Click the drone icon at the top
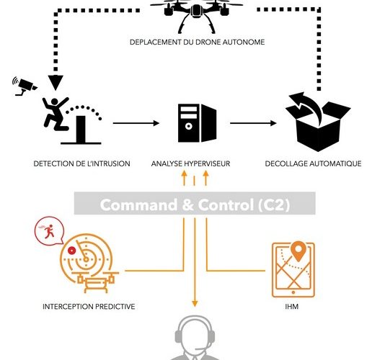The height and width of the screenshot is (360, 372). click(196, 14)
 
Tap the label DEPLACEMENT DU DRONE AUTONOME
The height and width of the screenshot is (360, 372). click(197, 42)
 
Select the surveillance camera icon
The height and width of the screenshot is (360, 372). click(25, 86)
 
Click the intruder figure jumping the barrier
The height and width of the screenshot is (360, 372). click(56, 114)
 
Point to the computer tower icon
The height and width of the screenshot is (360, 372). click(197, 123)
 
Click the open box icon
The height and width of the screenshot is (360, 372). click(318, 122)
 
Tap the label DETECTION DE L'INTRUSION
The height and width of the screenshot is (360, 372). click(81, 163)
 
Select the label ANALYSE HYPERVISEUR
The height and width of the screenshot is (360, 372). click(190, 163)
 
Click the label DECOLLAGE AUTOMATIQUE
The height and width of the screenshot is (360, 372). click(313, 163)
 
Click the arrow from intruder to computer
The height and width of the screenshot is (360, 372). click(136, 123)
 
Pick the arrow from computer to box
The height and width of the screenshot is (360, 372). click(253, 123)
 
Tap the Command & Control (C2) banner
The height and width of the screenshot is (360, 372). click(195, 203)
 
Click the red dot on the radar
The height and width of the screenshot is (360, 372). click(71, 251)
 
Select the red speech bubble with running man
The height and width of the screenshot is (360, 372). click(49, 231)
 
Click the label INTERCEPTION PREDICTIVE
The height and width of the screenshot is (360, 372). click(89, 307)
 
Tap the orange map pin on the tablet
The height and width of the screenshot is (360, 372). click(298, 251)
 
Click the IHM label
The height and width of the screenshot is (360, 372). click(292, 307)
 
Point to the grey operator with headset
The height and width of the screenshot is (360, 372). click(195, 338)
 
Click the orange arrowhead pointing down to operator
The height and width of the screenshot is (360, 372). click(195, 304)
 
